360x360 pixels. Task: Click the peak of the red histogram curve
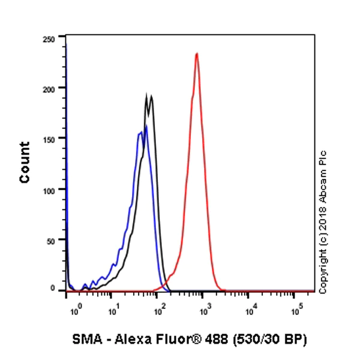coord(196,53)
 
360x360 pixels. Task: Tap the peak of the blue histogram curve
coord(146,126)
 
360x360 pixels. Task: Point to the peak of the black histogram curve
coord(147,95)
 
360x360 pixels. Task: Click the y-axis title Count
coord(25,162)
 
